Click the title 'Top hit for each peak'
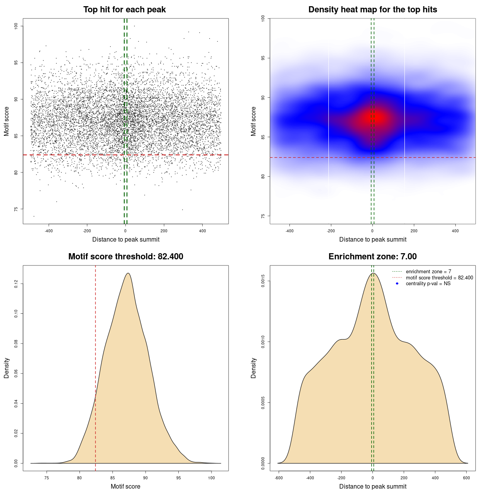pyautogui.click(x=125, y=10)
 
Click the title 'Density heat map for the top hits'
pyautogui.click(x=372, y=10)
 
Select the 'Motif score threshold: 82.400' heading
pyautogui.click(x=125, y=257)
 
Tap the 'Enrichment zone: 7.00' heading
pyautogui.click(x=372, y=257)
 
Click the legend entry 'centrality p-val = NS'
pyautogui.click(x=428, y=284)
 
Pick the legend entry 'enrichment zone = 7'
pyautogui.click(x=428, y=272)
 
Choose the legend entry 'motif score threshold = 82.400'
pyautogui.click(x=439, y=278)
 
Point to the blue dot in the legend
pyautogui.click(x=397, y=284)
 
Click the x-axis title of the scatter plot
pyautogui.click(x=126, y=240)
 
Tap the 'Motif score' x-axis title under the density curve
pyautogui.click(x=125, y=487)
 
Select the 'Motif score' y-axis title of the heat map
pyautogui.click(x=254, y=121)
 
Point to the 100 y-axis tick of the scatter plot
pyautogui.click(x=16, y=26)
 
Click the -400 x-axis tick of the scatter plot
pyautogui.click(x=49, y=231)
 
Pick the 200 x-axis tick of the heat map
pyautogui.click(x=414, y=231)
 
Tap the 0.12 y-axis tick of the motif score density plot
pyautogui.click(x=16, y=284)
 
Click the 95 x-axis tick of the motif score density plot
pyautogui.click(x=178, y=478)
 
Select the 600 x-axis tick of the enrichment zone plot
pyautogui.click(x=467, y=478)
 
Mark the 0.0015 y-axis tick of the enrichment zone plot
pyautogui.click(x=263, y=281)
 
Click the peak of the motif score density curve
pyautogui.click(x=128, y=274)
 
